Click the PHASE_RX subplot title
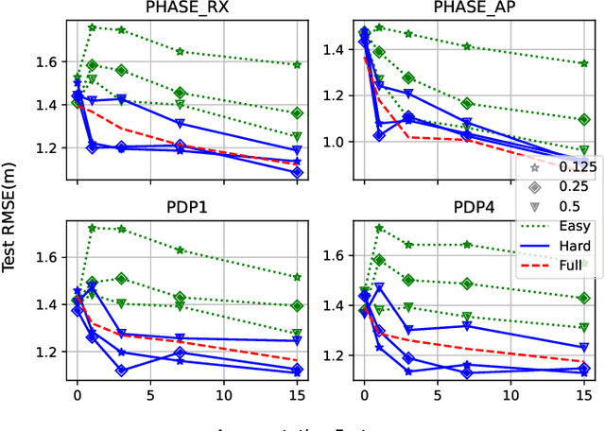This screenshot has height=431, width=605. point(187,9)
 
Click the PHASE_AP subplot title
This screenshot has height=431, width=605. point(474,9)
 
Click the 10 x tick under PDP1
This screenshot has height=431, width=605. point(224,390)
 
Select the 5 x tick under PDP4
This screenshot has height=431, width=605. point(438,390)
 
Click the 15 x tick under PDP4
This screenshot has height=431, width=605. point(584,390)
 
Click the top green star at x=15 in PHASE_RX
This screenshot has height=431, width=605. point(297,65)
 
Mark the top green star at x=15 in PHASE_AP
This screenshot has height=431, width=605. point(584,63)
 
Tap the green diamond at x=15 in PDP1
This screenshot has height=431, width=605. point(297,306)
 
